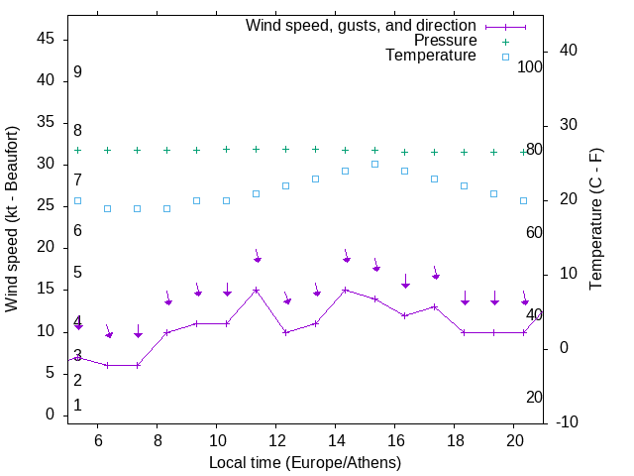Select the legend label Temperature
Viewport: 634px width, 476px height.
click(431, 56)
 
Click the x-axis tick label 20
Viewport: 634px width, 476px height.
click(514, 439)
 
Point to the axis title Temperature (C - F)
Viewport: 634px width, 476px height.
click(595, 218)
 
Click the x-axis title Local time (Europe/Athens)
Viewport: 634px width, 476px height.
click(305, 462)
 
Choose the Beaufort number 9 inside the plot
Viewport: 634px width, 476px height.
click(77, 72)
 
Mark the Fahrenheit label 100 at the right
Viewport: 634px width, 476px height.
click(531, 66)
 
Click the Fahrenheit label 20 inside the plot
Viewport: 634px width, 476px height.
click(534, 397)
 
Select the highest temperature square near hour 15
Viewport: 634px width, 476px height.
click(375, 164)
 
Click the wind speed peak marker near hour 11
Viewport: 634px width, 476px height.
click(257, 291)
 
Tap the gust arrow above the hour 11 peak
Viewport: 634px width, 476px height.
click(257, 257)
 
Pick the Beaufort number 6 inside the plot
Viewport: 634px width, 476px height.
click(77, 230)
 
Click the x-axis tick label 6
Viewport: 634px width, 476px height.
click(98, 439)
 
